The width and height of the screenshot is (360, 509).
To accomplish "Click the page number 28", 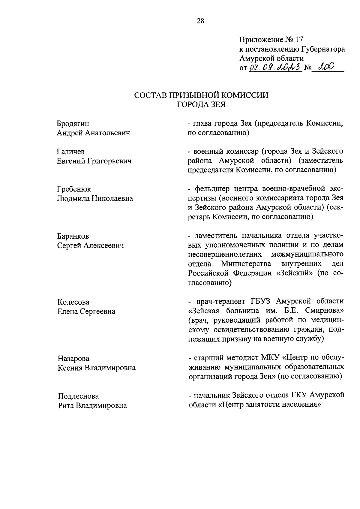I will click(x=200, y=21).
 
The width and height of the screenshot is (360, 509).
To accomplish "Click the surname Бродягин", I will click(x=73, y=124).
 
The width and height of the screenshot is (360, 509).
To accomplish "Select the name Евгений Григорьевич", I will click(x=94, y=161).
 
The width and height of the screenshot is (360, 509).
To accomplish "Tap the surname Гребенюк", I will click(x=74, y=189).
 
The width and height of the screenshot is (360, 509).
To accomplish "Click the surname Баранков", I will click(x=73, y=236).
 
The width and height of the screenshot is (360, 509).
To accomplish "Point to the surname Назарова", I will click(x=73, y=358).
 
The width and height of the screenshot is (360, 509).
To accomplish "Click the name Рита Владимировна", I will click(x=92, y=405).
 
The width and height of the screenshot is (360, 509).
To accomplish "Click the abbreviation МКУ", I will click(x=271, y=358).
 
